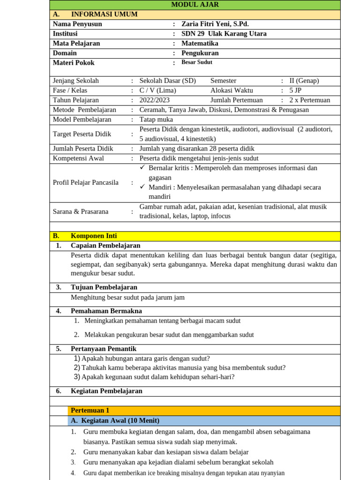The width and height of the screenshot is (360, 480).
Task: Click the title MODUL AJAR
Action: (195, 5)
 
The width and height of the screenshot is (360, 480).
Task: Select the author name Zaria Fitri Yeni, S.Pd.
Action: (215, 24)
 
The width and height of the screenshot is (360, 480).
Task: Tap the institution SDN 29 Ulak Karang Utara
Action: (224, 34)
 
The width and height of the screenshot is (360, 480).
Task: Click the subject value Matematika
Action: (200, 44)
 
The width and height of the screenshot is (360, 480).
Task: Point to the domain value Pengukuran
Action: (200, 53)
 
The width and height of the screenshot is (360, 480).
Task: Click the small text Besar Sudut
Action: (197, 62)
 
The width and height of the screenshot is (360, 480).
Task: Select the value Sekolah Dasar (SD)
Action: (167, 81)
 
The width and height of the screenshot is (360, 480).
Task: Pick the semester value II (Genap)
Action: (304, 81)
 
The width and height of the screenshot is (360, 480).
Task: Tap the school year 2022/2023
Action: (154, 100)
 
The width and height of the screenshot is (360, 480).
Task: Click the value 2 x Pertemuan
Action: (309, 100)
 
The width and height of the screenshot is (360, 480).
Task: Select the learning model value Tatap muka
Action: (156, 120)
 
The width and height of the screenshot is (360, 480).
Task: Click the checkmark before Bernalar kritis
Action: (143, 168)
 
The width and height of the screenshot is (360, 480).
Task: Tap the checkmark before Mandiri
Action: (143, 187)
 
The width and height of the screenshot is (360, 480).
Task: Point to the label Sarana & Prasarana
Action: (80, 212)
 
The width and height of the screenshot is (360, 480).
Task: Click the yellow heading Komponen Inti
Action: (94, 236)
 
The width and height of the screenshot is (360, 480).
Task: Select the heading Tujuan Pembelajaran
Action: (104, 287)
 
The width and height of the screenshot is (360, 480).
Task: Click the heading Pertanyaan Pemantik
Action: (103, 349)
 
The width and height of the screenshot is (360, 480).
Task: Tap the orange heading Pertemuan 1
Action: (90, 411)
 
